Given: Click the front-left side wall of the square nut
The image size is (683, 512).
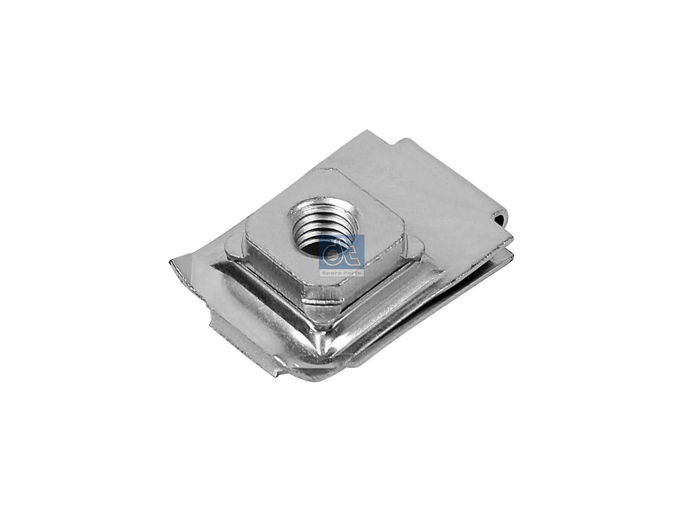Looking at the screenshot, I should pos(273,273).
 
